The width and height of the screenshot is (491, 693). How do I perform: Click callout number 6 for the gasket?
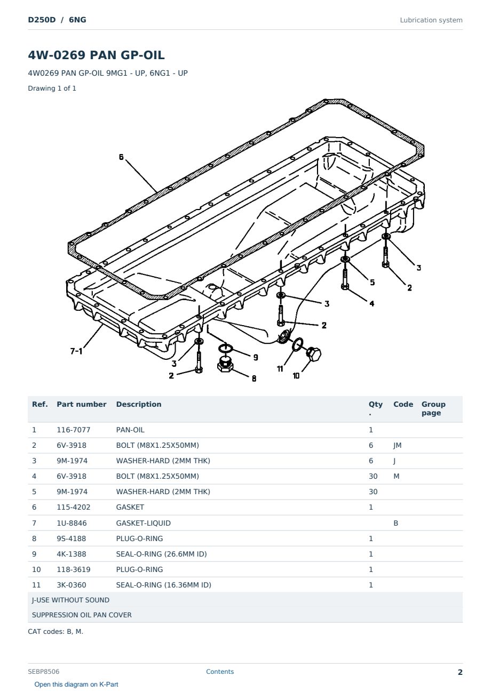121,157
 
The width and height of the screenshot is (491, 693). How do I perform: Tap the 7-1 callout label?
76,351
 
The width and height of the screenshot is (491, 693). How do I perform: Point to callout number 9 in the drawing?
256,357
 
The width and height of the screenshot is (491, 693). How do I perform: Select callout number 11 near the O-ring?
280,368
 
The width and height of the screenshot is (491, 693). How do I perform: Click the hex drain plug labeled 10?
313,354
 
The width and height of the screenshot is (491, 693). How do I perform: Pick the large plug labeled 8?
225,365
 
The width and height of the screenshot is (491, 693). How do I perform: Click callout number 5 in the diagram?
373,282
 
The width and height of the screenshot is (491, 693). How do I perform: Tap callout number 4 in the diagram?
372,303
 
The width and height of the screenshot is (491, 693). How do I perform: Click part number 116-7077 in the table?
74,430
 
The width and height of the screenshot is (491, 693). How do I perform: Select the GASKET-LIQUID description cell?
144,523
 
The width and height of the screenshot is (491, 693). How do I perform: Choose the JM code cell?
398,445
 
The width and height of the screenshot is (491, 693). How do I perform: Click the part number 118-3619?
74,569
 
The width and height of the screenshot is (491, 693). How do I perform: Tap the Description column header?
139,405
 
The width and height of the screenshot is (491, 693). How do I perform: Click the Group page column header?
433,408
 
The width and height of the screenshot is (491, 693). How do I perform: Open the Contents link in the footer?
220,672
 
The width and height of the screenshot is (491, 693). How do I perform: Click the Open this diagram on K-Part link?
76,684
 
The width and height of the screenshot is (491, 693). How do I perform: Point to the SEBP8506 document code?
44,672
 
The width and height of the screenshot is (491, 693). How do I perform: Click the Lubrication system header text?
431,20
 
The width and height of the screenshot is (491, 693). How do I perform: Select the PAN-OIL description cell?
130,430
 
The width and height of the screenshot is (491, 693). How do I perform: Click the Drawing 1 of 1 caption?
52,88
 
